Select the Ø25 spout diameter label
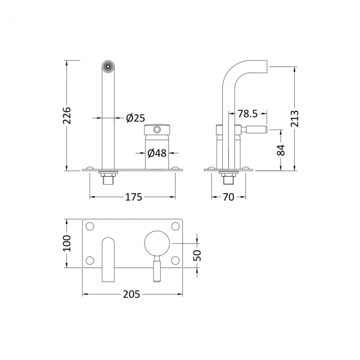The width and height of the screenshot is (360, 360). [x=135, y=117]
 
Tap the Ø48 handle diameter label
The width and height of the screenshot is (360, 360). [x=157, y=153]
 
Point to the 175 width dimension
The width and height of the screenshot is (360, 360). [x=133, y=197]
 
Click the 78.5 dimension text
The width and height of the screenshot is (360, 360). [x=248, y=114]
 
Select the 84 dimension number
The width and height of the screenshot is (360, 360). [x=280, y=150]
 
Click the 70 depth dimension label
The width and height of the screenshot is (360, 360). [x=228, y=197]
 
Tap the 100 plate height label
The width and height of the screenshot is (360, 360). [x=66, y=243]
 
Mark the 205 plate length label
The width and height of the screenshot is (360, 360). [x=132, y=293]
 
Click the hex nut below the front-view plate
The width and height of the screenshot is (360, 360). [x=107, y=178]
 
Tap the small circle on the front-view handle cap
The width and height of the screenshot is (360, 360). [x=157, y=130]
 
